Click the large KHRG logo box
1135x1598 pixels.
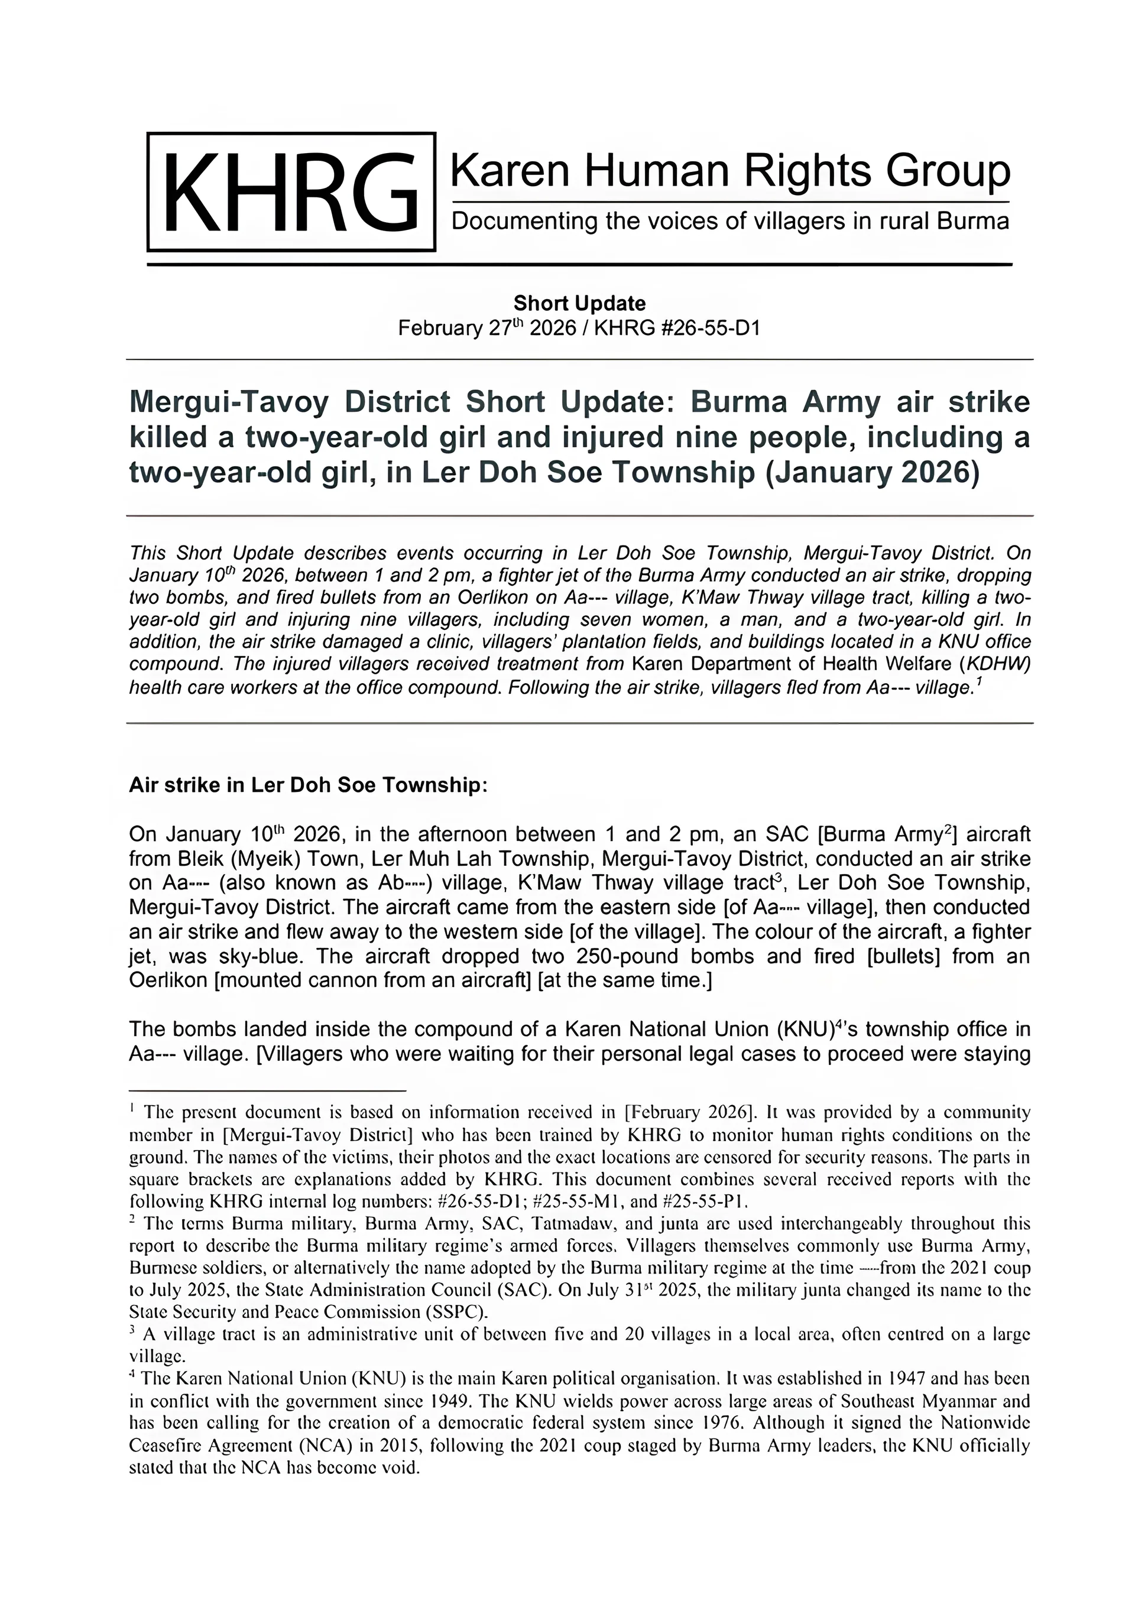tap(291, 191)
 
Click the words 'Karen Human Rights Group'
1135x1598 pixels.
tap(729, 170)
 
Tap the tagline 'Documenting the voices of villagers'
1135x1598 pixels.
tap(729, 222)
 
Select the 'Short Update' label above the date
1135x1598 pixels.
tap(579, 303)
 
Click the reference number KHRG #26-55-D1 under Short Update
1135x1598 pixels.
tap(676, 328)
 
